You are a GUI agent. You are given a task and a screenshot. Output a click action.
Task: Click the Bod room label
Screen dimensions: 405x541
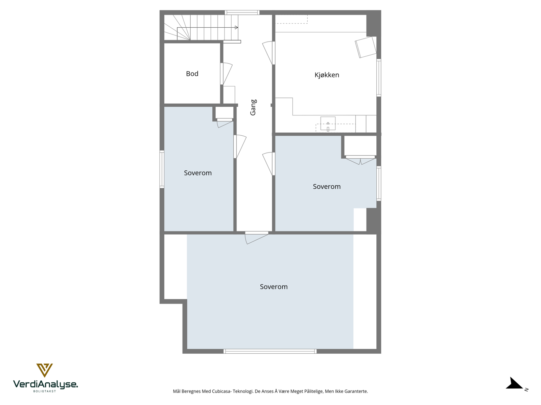[192, 74]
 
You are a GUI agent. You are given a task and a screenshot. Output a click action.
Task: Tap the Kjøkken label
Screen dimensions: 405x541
[327, 75]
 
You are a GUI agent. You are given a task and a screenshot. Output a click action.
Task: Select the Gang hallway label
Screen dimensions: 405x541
[253, 107]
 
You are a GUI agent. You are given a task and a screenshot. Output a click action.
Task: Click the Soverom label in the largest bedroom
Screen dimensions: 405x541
[274, 287]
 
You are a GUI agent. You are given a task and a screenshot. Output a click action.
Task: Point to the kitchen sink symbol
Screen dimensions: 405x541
[328, 124]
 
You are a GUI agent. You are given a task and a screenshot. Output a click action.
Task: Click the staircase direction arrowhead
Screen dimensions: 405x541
[236, 27]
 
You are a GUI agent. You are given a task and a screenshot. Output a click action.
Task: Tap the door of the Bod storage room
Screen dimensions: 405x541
[227, 74]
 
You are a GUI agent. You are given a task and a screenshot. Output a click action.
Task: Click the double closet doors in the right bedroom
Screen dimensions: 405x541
[360, 160]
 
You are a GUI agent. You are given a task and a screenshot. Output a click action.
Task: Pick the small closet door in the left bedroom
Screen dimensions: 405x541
[225, 123]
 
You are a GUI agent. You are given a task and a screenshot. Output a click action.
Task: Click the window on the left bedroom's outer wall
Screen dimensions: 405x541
[162, 169]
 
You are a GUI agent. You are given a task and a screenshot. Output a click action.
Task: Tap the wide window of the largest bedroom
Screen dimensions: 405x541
[270, 351]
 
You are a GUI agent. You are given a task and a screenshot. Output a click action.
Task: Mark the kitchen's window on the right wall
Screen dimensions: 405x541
[379, 78]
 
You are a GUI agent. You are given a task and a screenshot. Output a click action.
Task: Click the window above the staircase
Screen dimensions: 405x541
[242, 12]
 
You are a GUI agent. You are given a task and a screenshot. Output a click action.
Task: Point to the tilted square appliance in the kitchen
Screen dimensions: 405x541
[366, 47]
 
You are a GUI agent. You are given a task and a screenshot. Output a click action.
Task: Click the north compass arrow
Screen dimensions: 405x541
[515, 384]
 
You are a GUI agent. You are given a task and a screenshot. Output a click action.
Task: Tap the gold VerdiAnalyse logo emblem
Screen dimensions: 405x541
[45, 370]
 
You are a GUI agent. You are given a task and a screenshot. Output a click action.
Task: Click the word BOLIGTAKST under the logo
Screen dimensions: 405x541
[45, 391]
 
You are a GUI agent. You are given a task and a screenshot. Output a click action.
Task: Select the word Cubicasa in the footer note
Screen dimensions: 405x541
[221, 391]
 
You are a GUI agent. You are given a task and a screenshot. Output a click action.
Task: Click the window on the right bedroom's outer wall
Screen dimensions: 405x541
[379, 183]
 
